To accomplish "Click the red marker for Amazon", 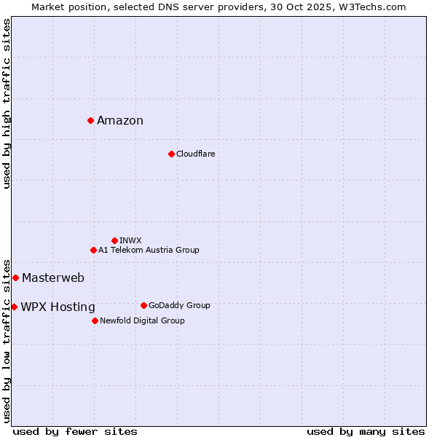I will click(90, 120).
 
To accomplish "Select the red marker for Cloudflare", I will click(171, 154).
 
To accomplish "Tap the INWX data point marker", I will click(114, 240).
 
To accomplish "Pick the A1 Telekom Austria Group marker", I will click(93, 250).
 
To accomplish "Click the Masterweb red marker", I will click(15, 277).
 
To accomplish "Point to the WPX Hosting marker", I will click(14, 307).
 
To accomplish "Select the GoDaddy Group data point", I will click(143, 305).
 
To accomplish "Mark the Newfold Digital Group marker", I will click(95, 320).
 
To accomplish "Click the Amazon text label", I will click(120, 121).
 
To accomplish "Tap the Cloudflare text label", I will click(195, 154).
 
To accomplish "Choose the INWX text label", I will click(130, 240).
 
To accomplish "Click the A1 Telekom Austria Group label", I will click(149, 250).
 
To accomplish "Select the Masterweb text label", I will click(53, 277).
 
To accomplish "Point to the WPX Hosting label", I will click(58, 307).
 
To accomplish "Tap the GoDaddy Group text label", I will click(179, 305).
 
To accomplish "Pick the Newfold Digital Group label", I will click(142, 320).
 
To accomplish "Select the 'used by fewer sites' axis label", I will click(75, 431).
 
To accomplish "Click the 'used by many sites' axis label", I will click(366, 431).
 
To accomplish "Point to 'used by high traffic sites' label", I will click(7, 103).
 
